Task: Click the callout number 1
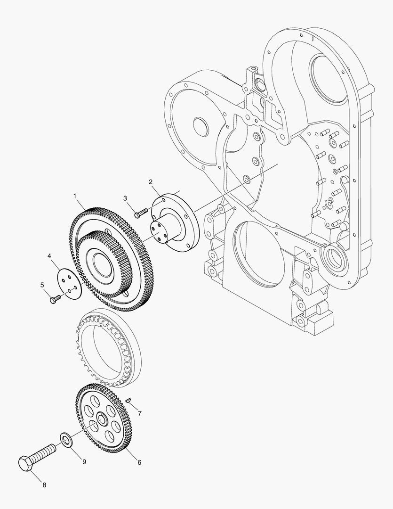point(74,195)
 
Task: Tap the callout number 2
point(151,182)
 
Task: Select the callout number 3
point(126,197)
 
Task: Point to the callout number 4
point(49,256)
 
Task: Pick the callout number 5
point(42,285)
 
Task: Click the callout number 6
point(139,462)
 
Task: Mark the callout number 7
point(139,413)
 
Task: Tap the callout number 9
point(84,462)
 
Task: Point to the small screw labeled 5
point(55,298)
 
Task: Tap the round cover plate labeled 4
point(70,282)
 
